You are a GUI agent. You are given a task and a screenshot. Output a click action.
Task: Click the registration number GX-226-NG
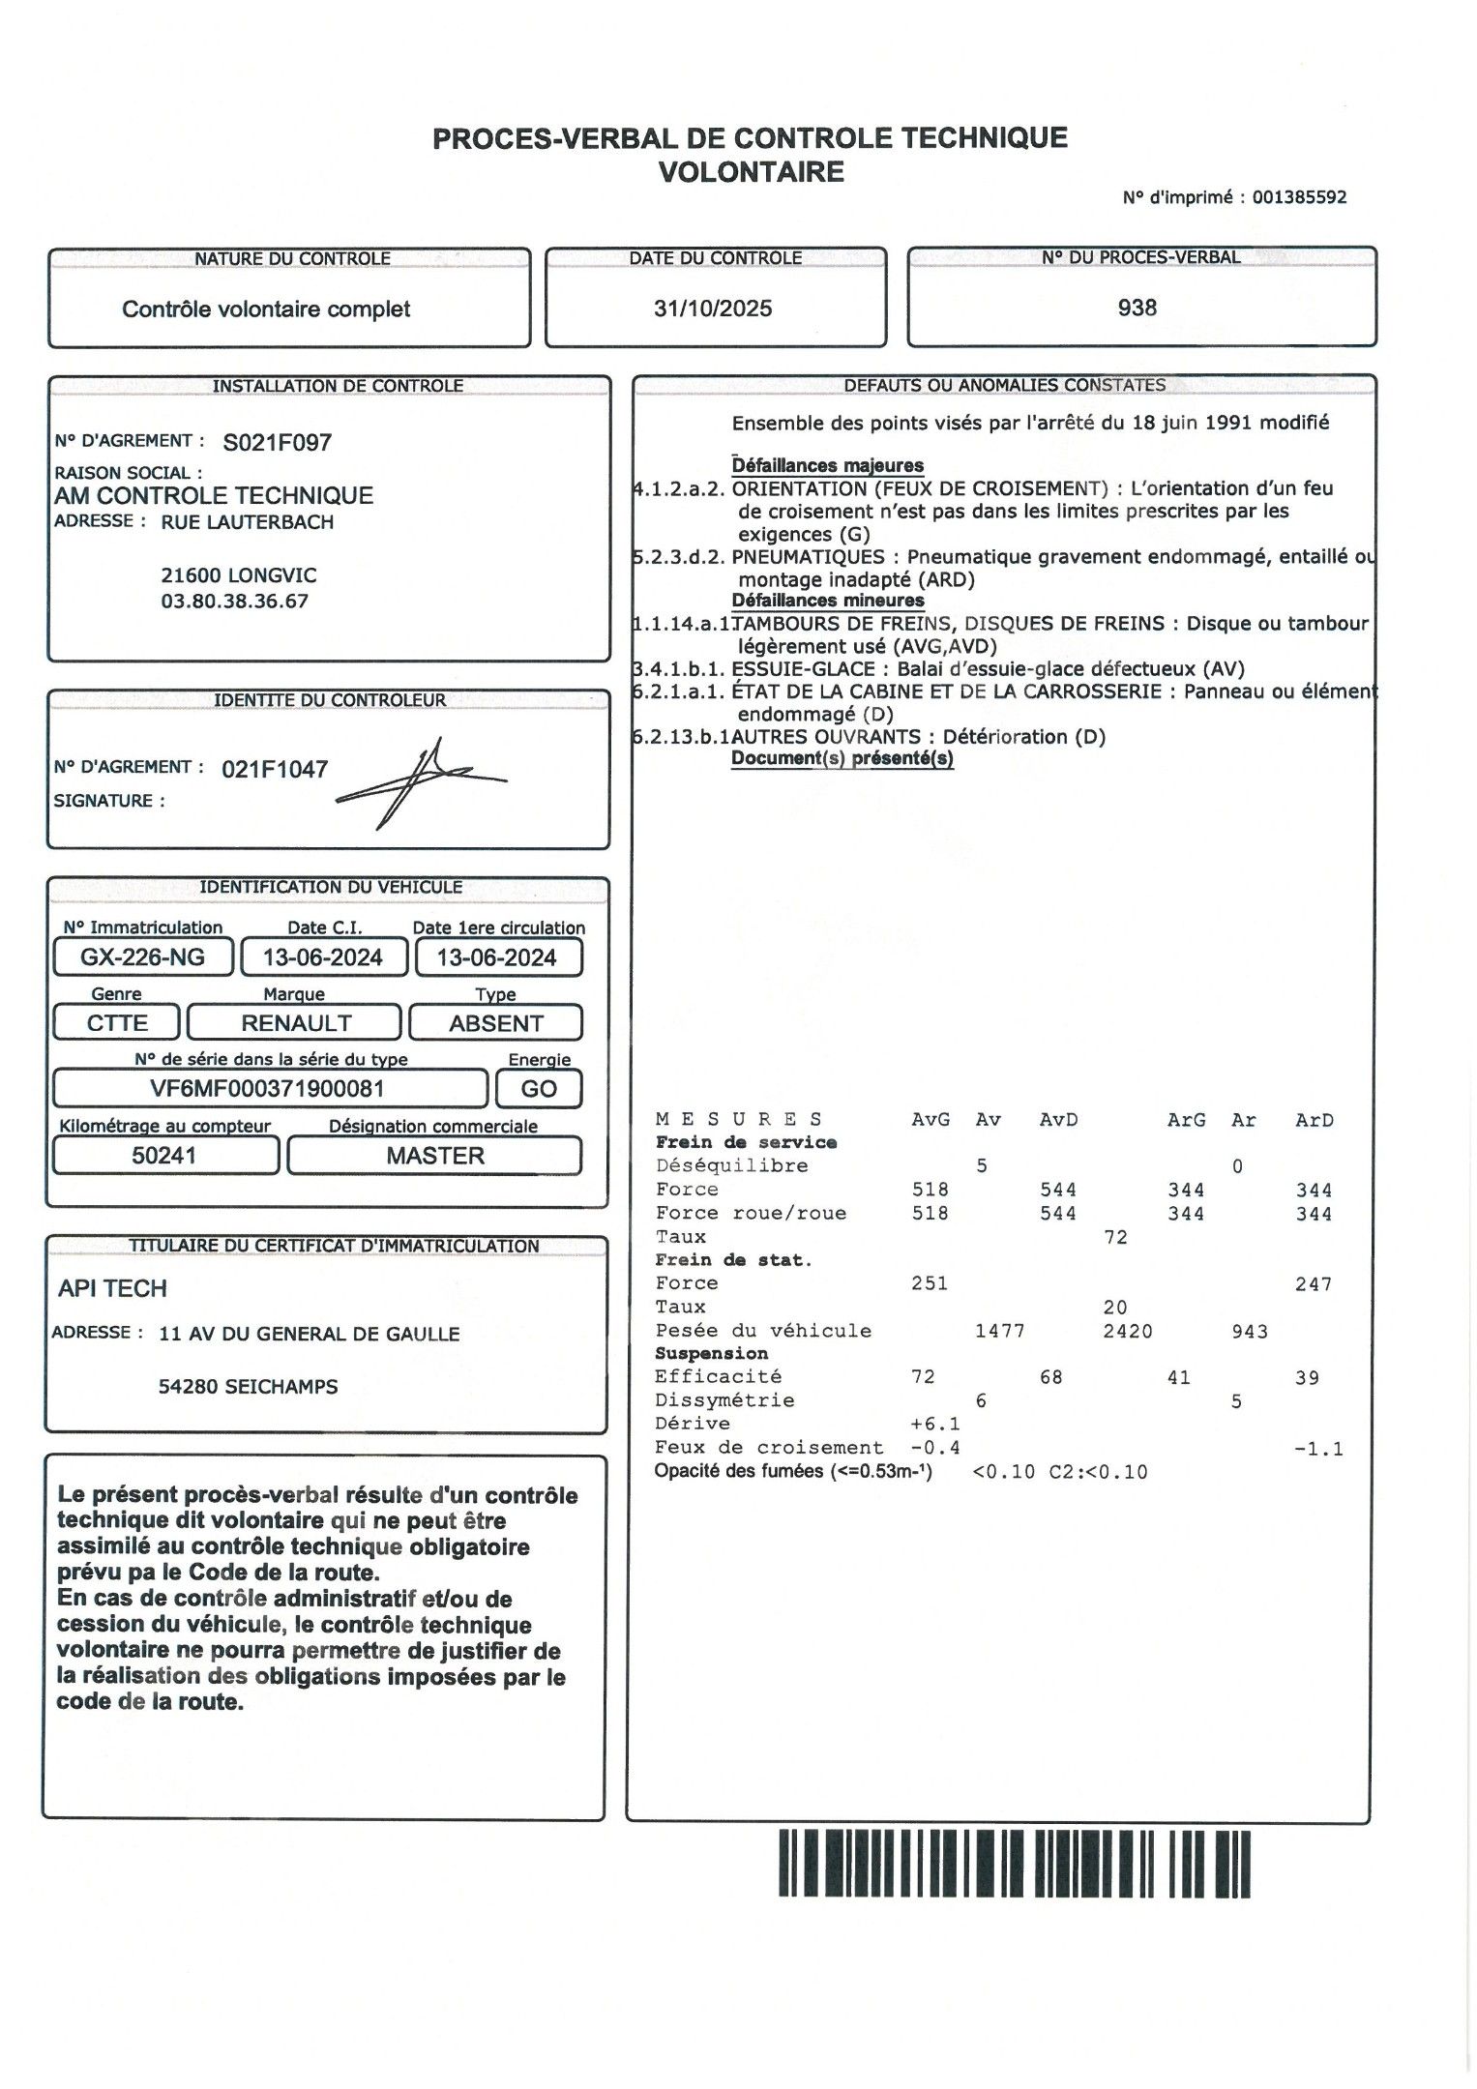click(x=142, y=957)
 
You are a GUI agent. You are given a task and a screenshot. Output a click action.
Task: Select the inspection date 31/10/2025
click(x=713, y=309)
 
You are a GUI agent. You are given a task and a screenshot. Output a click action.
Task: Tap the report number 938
click(x=1137, y=308)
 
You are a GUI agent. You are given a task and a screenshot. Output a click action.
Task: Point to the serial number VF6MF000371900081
click(x=267, y=1088)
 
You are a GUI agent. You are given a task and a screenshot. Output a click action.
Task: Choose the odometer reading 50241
click(x=163, y=1156)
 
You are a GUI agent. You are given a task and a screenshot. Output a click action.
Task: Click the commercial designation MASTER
click(x=435, y=1156)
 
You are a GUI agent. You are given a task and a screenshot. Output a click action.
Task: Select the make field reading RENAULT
click(x=296, y=1023)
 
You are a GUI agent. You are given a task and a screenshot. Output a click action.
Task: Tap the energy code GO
click(x=539, y=1089)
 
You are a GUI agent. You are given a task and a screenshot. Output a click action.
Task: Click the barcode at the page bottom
click(x=1015, y=1863)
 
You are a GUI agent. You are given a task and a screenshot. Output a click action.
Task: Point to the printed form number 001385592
click(x=1299, y=197)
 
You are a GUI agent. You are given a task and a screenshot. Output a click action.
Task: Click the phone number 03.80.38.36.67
click(x=235, y=601)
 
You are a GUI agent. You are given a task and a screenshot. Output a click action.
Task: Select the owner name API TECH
click(x=112, y=1288)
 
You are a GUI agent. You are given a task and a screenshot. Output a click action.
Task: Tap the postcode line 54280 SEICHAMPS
click(x=248, y=1386)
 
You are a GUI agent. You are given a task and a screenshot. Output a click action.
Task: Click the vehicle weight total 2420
click(x=1127, y=1332)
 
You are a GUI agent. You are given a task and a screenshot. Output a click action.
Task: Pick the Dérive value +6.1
click(x=935, y=1424)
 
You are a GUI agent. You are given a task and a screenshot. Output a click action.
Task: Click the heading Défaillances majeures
click(x=827, y=465)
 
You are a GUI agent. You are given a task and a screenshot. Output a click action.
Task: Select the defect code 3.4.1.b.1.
click(x=678, y=668)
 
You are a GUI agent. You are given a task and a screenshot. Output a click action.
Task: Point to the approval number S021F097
click(x=277, y=443)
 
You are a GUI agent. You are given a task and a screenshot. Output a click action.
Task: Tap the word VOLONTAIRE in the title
click(x=751, y=172)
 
